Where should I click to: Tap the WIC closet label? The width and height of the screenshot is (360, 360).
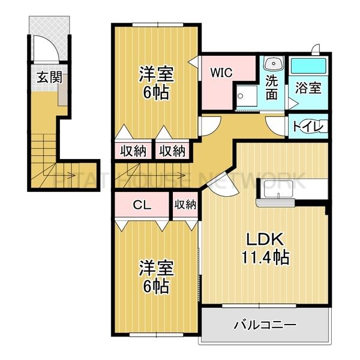point(221,72)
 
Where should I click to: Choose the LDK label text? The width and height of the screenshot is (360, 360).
point(263,239)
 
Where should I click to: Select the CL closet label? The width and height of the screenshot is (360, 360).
point(142,204)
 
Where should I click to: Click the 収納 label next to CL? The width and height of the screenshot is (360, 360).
point(185,205)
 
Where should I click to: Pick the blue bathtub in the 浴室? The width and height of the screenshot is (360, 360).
point(308,65)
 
